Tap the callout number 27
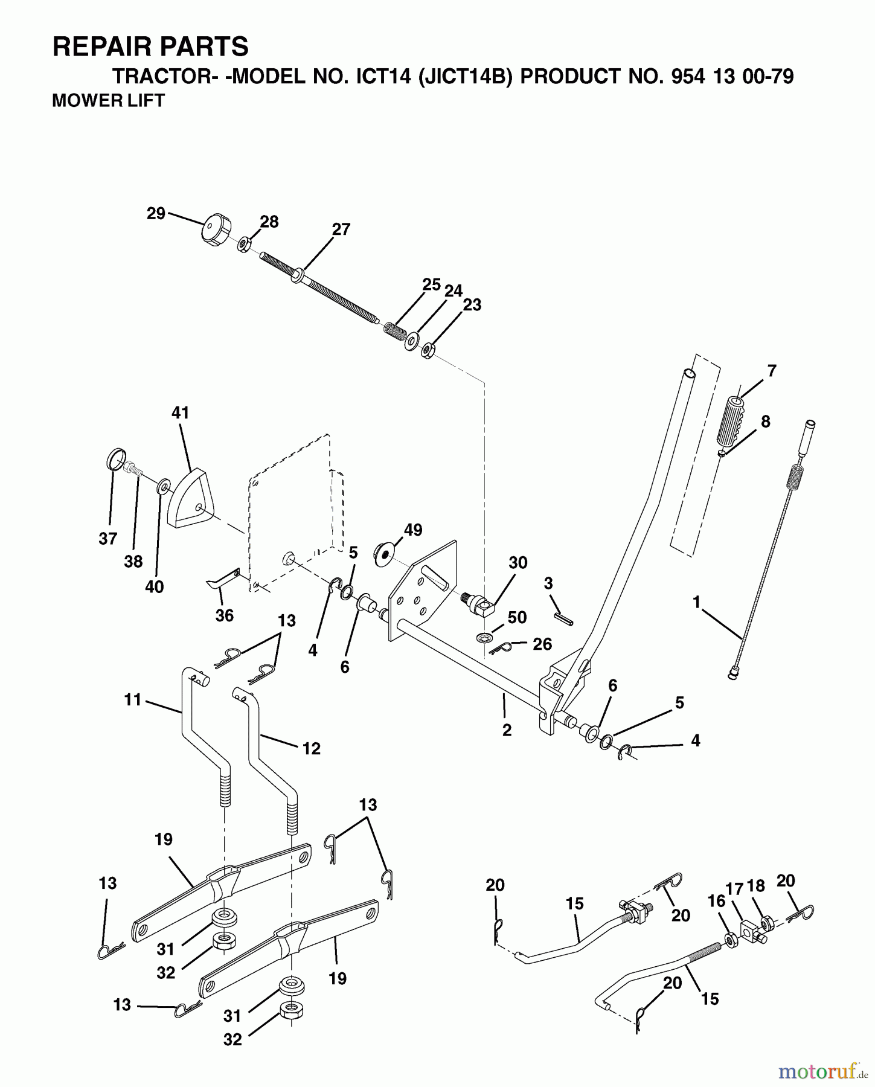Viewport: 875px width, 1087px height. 341,229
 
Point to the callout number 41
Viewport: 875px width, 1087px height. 180,413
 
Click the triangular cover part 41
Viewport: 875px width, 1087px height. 190,499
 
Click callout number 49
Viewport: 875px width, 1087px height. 412,530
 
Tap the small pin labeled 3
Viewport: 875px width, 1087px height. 563,619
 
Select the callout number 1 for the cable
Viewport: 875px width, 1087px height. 696,602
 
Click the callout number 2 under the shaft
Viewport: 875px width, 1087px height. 507,730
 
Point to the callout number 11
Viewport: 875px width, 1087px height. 132,700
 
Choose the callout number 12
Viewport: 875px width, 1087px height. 311,748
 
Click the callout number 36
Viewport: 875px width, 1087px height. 224,615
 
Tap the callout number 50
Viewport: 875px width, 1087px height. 517,617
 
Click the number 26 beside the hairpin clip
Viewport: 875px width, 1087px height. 542,644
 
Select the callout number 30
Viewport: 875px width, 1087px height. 518,563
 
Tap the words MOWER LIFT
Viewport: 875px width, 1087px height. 108,100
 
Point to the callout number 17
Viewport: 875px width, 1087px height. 735,889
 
